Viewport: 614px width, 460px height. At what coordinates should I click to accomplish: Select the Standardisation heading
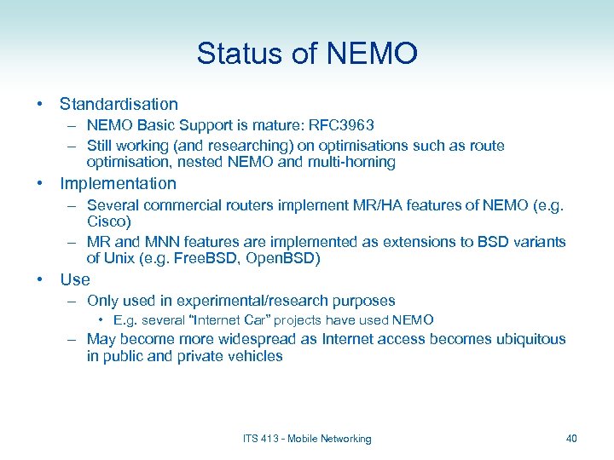click(x=119, y=104)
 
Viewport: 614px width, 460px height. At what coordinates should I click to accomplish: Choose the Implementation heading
click(x=118, y=183)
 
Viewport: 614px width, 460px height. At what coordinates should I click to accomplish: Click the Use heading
click(x=75, y=279)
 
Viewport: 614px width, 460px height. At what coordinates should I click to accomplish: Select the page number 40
click(x=571, y=439)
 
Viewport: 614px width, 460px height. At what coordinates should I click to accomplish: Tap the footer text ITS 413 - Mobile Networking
click(x=307, y=439)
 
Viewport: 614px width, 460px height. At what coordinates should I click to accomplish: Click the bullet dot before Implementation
click(x=39, y=183)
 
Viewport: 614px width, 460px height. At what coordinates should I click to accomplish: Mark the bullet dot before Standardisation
click(x=39, y=104)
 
